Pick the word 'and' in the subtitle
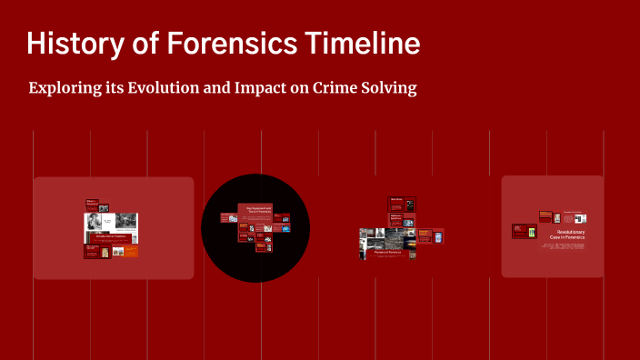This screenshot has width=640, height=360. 237,89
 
